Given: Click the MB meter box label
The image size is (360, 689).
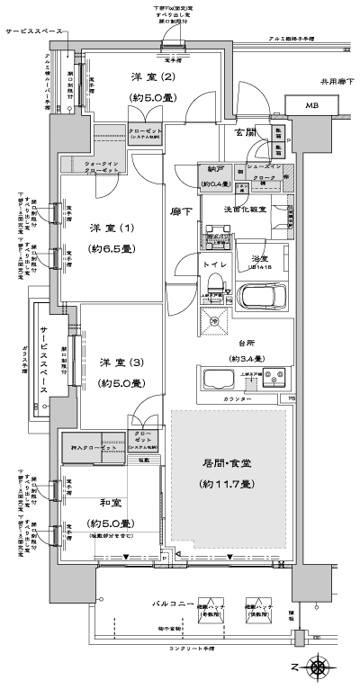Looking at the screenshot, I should [x=310, y=106].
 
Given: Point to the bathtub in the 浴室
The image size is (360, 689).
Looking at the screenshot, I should [x=261, y=294].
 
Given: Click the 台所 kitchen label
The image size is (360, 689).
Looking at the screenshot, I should [x=238, y=343].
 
